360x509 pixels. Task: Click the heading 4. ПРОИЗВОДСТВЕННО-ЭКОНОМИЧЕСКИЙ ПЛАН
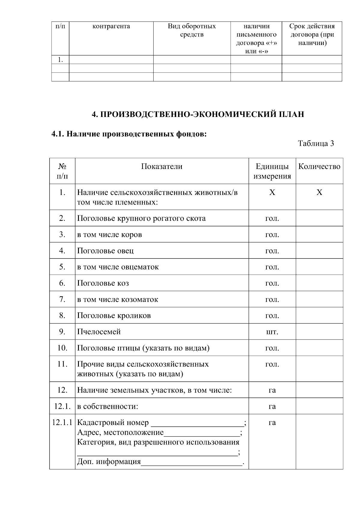[198, 114]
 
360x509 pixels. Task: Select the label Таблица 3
[316, 143]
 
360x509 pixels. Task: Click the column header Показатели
[162, 166]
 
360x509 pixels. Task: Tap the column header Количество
[319, 166]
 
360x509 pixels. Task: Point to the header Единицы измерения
[272, 171]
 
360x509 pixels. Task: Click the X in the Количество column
[319, 192]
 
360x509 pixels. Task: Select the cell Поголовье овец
[105, 250]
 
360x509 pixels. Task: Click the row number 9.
[62, 331]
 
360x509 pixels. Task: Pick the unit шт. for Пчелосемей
[272, 332]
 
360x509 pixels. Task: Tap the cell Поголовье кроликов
[114, 316]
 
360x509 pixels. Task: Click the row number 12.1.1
[62, 423]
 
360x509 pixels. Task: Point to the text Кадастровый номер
[113, 423]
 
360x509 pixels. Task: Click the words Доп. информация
[109, 462]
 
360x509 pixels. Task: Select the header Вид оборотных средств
[192, 30]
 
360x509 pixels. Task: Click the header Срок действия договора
[312, 34]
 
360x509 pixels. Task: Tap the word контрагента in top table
[111, 26]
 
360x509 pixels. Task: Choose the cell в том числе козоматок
[118, 299]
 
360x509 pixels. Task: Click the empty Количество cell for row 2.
[319, 218]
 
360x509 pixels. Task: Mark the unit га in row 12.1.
[272, 406]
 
